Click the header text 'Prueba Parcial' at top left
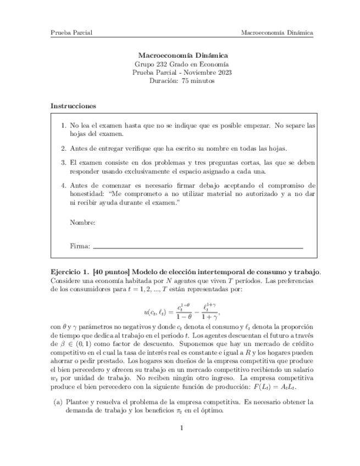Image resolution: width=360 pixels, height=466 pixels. tap(71, 32)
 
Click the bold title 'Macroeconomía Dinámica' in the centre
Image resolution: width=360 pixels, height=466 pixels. tap(182, 56)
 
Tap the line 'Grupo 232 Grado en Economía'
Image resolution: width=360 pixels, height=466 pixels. tap(182, 64)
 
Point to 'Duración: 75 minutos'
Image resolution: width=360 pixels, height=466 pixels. tap(182, 81)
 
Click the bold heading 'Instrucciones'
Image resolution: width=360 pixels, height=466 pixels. tap(73, 106)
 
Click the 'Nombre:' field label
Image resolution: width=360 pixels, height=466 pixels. tap(83, 223)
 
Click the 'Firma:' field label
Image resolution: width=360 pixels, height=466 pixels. tap(80, 247)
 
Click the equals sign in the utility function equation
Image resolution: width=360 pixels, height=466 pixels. tap(171, 312)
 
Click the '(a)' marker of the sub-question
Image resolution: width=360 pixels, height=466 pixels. tap(58, 402)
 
